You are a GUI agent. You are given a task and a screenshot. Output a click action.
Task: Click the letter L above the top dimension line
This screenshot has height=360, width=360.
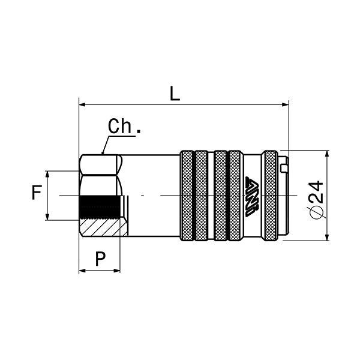coord(175,94)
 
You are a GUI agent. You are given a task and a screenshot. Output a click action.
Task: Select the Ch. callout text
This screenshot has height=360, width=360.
coord(124,127)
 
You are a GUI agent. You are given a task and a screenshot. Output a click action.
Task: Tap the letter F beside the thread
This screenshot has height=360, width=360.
coord(37,193)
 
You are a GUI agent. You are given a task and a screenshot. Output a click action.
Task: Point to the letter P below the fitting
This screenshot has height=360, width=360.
coord(100,259)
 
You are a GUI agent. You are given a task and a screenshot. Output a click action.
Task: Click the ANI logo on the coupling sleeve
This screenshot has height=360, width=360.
coord(252,196)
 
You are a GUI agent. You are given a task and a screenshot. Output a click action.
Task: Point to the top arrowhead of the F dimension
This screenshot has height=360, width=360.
coord(47,175)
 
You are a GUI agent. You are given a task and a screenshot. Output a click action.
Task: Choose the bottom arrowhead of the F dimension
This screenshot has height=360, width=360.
coord(47,217)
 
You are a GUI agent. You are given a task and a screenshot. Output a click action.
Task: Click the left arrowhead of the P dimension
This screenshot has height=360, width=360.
coord(83,271)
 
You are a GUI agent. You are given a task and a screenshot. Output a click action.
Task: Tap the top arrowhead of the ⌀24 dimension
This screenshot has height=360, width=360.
coord(327,154)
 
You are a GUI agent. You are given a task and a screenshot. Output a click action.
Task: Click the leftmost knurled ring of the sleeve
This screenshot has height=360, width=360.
coord(187,196)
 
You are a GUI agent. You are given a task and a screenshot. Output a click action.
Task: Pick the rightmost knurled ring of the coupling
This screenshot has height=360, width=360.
coord(271,196)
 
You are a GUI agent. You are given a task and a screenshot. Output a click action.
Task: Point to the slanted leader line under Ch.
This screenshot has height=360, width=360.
coord(106,145)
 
